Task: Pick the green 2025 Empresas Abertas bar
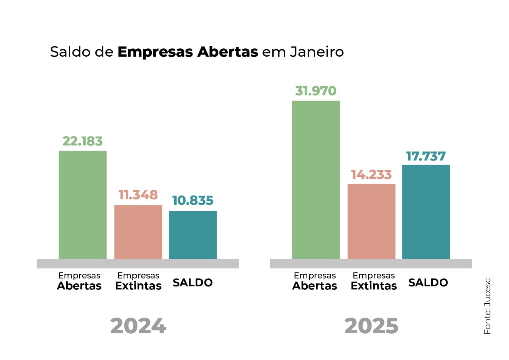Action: [x=316, y=180]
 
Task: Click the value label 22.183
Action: [x=82, y=141]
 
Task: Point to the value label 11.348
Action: [x=138, y=195]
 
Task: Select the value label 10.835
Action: [x=192, y=201]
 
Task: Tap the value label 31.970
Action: [x=316, y=91]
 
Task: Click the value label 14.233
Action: [x=371, y=175]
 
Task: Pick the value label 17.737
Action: [x=426, y=156]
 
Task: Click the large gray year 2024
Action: [x=138, y=326]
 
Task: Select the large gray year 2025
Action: [x=371, y=326]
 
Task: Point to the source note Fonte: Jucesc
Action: [x=487, y=306]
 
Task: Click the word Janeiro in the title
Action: [x=317, y=52]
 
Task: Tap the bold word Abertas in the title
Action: [x=227, y=52]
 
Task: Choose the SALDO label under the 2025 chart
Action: [x=428, y=282]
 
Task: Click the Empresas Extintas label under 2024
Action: [x=138, y=281]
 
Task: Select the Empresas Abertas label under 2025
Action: [x=315, y=281]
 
